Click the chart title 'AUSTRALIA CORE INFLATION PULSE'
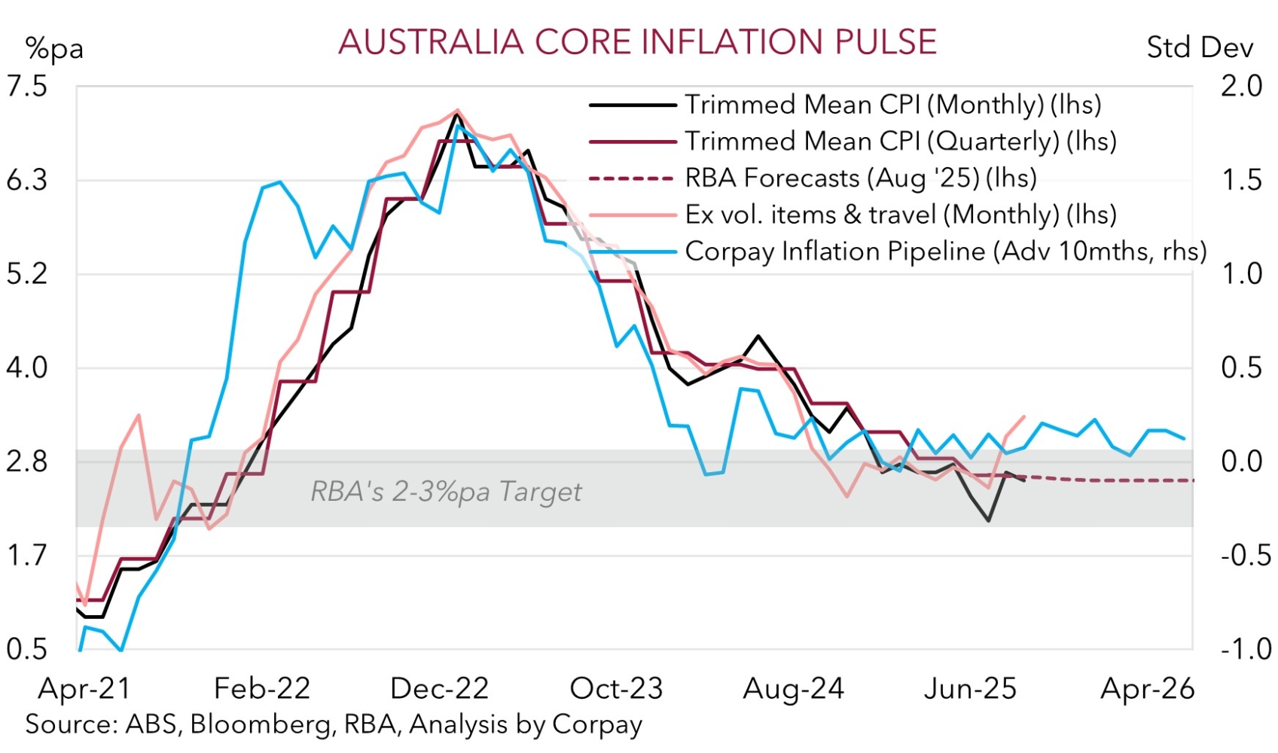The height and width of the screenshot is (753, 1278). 637,42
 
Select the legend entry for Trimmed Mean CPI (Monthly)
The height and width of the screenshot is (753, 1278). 892,105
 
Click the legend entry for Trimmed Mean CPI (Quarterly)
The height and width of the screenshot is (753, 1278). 900,142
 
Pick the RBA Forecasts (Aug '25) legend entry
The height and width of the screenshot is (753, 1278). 860,178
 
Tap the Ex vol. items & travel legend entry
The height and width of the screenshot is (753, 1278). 900,215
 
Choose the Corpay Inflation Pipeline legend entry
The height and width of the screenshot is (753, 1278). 945,252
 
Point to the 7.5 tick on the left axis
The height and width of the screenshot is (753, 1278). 26,87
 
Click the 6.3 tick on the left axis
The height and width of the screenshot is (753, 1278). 26,181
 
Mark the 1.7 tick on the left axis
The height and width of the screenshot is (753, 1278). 26,556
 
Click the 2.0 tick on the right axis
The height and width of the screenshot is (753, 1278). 1241,87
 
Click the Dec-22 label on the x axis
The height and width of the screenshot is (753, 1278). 440,689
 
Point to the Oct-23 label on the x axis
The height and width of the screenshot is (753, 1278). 616,689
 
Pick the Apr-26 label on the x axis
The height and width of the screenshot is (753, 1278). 1148,689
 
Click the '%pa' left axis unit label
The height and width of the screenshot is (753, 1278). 53,49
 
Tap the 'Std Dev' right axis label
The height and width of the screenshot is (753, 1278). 1199,48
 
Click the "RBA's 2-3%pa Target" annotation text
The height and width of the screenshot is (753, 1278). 446,492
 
